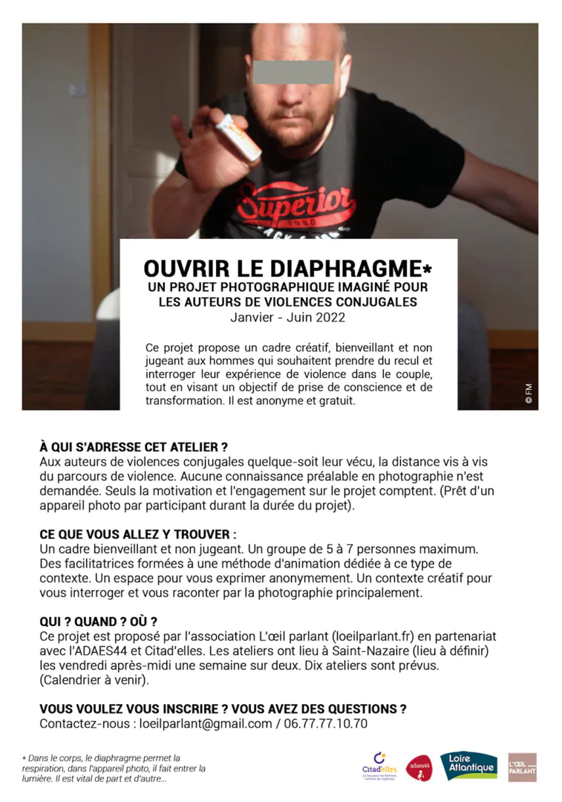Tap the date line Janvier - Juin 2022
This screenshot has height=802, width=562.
288,317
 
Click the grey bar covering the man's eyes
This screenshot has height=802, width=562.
293,72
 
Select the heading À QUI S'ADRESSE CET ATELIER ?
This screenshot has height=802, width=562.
134,447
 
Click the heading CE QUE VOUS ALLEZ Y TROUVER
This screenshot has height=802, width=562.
138,535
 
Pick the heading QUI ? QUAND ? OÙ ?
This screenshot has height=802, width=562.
98,622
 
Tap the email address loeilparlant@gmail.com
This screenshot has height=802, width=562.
200,723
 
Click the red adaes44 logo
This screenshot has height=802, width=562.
419,767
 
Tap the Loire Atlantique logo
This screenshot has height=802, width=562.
468,766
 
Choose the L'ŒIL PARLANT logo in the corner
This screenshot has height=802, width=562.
522,767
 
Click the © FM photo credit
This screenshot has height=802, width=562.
529,394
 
